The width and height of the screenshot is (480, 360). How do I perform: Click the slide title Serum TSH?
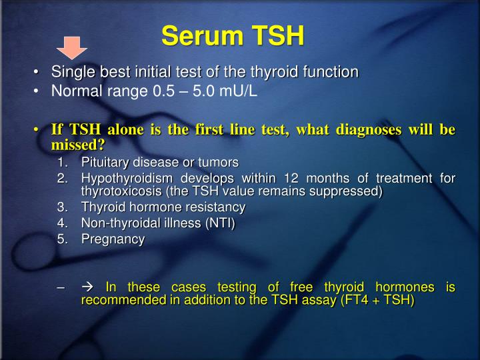pyautogui.click(x=233, y=35)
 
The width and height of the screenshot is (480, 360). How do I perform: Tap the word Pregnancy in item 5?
pyautogui.click(x=113, y=240)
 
